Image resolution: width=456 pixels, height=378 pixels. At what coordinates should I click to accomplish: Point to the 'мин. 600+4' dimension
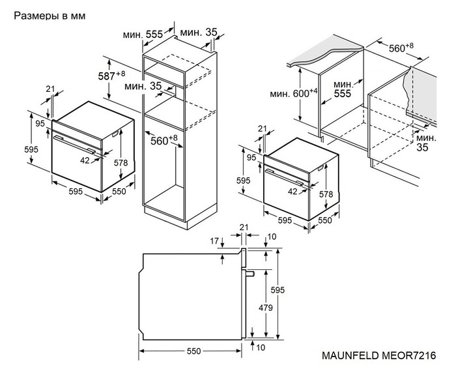click(x=294, y=93)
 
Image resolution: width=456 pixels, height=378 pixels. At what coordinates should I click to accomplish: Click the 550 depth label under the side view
click(x=192, y=351)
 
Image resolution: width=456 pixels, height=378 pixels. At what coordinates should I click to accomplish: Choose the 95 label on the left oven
click(x=40, y=124)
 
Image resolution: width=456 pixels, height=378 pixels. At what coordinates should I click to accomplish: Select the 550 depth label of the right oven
click(x=324, y=220)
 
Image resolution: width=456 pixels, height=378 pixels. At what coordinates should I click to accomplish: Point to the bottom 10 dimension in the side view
click(x=260, y=348)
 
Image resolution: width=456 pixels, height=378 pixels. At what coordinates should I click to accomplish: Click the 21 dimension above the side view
click(x=244, y=227)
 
